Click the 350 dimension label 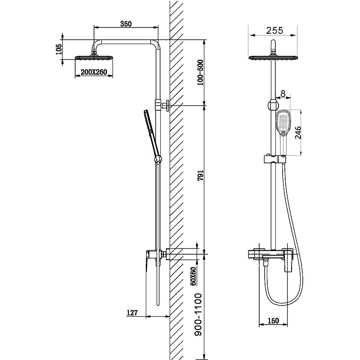tap(126, 24)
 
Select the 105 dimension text tap(59, 49)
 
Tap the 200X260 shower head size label tap(94, 72)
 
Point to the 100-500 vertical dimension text tap(200, 72)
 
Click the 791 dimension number tap(200, 175)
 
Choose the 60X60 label tap(193, 276)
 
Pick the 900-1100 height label tap(198, 315)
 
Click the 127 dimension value tap(132, 312)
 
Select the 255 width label tap(274, 30)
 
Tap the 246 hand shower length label tap(298, 132)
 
